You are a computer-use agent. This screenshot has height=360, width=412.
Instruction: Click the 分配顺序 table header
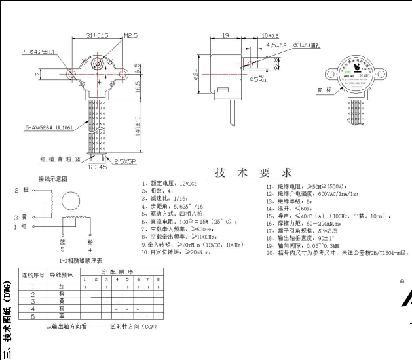pyautogui.click(x=122, y=270)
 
